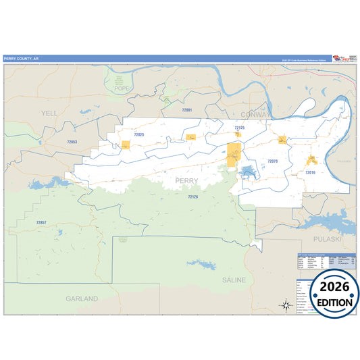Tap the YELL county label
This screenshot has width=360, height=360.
click(49, 113)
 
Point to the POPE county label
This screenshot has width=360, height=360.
click(122, 88)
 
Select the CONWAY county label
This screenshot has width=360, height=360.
click(255, 114)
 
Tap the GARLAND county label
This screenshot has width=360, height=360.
click(82, 298)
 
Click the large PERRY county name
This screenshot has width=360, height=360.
click(187, 180)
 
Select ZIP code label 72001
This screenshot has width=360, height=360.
click(187, 109)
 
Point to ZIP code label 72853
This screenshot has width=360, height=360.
click(72, 142)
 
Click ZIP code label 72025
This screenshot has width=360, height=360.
click(139, 135)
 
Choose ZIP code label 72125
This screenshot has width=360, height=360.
click(240, 128)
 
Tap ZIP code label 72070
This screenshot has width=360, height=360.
click(272, 161)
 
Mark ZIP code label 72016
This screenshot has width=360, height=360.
click(310, 173)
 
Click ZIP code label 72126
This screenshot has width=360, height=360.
click(193, 197)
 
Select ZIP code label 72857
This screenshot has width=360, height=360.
click(41, 222)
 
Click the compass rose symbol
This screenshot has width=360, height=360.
click(286, 305)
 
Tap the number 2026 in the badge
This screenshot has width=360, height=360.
click(331, 286)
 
